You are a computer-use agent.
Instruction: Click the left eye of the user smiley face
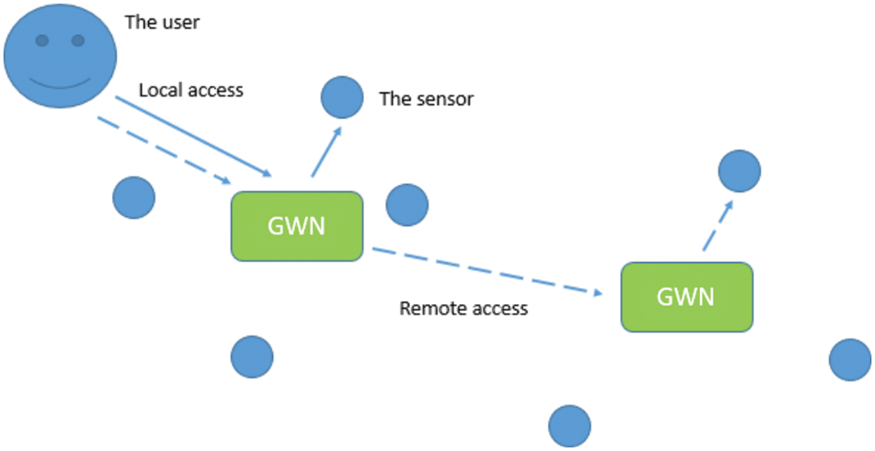43,41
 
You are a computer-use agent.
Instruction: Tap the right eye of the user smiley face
78,41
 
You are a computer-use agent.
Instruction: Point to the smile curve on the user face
60,85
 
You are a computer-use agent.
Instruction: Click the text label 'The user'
162,22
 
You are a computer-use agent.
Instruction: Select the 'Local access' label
190,90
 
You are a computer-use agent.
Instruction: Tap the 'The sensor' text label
426,99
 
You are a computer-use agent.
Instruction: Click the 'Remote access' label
463,308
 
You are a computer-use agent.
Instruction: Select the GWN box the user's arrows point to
297,226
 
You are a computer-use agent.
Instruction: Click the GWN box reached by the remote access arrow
686,297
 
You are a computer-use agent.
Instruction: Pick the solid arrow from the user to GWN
192,136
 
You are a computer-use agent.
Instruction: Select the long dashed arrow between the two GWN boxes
486,272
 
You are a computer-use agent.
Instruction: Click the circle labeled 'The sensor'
342,97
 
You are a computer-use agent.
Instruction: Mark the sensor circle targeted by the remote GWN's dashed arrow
739,171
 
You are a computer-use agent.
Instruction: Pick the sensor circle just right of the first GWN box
407,205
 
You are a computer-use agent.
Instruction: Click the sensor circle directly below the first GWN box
252,356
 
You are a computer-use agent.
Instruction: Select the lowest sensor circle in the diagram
569,426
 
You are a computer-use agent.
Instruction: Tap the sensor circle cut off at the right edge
851,359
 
